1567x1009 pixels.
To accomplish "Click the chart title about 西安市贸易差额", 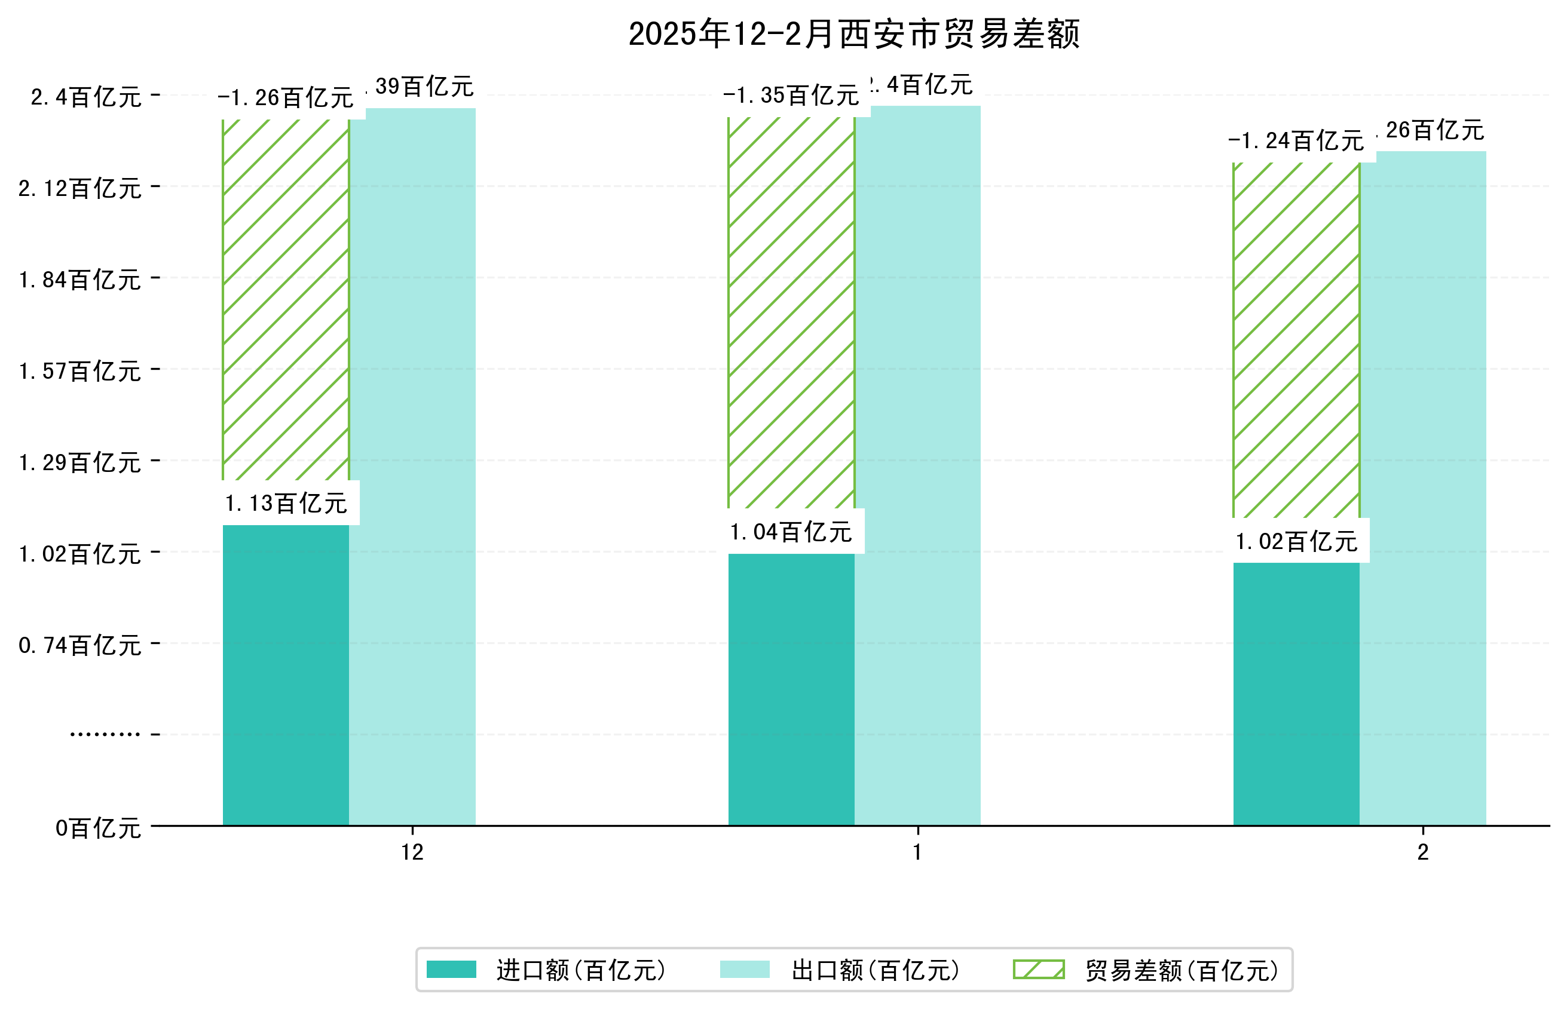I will coord(853,34).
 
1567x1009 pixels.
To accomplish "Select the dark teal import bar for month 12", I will coord(286,675).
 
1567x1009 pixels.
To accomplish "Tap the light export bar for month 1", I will coord(917,465).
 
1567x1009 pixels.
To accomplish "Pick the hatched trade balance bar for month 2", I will coord(1296,341).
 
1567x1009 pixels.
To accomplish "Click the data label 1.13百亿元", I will coord(286,503).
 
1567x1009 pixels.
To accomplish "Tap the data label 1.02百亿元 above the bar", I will coord(1296,542).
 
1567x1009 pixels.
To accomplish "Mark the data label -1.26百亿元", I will coord(286,97).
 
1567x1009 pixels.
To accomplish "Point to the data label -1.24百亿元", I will coord(1296,141).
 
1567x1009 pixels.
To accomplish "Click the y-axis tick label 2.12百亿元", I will coord(80,189).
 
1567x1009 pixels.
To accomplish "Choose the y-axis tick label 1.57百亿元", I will coord(80,372).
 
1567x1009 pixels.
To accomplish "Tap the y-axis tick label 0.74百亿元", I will coord(80,645).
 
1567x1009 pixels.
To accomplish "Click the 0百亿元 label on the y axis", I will coord(98,828).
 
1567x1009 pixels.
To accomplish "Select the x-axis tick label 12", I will coord(412,852).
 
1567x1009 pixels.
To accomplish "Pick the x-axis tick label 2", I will coord(1422,852).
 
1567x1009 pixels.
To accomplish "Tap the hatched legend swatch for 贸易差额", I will coord(1038,970).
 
